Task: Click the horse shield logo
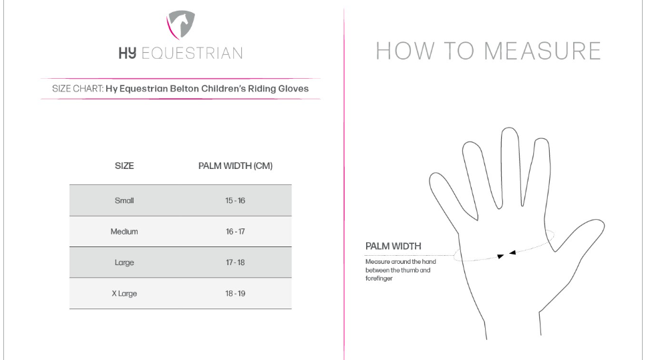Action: (180, 25)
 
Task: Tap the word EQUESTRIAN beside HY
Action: (192, 53)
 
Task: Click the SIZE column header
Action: (124, 166)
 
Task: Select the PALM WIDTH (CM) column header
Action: (235, 166)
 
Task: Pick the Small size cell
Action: (124, 200)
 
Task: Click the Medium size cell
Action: (124, 232)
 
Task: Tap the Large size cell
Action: (124, 262)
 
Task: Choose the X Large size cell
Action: (124, 293)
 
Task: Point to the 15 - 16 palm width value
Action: (235, 200)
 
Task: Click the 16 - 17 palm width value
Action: (235, 232)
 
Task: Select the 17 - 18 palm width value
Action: (235, 262)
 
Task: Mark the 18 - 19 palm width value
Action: (235, 293)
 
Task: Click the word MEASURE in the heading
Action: (542, 51)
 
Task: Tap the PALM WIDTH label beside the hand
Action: (393, 246)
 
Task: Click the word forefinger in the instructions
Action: (379, 279)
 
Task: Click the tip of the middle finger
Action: (510, 128)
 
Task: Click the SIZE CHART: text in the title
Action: (78, 89)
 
